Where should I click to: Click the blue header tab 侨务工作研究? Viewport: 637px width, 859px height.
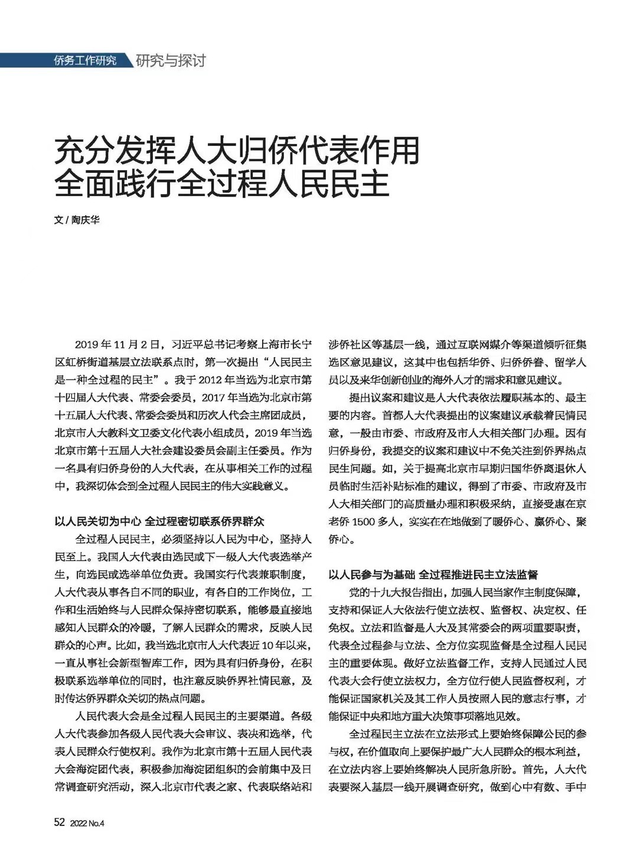click(x=86, y=60)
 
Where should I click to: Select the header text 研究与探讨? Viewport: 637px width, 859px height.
click(x=170, y=60)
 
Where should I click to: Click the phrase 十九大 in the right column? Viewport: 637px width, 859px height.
click(x=393, y=592)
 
